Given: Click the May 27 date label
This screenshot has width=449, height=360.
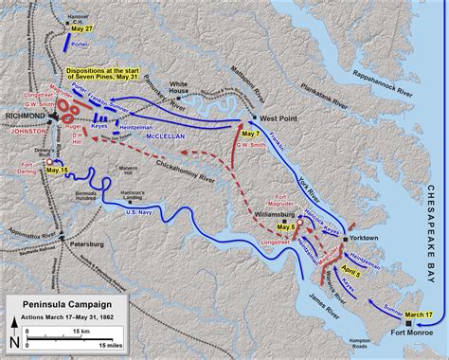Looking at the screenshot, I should (81, 29).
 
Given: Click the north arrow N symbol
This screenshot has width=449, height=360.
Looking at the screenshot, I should (11, 343).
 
